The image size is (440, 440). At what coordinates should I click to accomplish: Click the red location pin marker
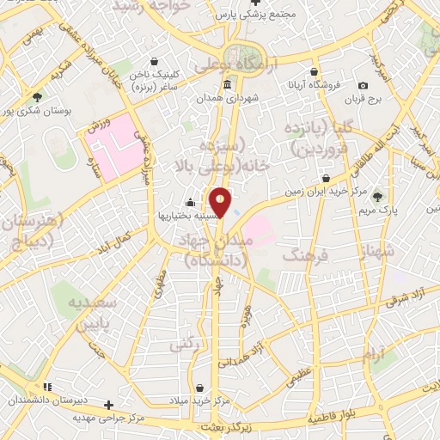tap(221, 204)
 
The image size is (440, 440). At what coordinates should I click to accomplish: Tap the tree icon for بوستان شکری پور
tap(37, 97)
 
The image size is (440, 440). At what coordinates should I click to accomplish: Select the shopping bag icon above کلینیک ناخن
tap(154, 61)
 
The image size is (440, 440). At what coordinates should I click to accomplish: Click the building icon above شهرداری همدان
tap(227, 84)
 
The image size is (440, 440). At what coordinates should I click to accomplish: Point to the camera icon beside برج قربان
tap(364, 85)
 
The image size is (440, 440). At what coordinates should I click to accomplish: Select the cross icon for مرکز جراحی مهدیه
tap(108, 404)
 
